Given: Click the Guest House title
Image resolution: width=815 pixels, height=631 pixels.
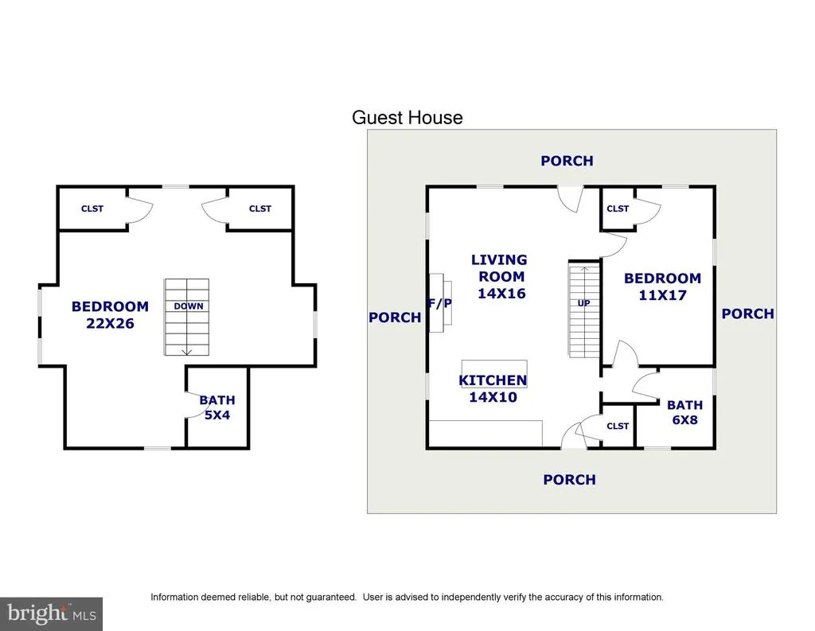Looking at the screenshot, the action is (x=407, y=118).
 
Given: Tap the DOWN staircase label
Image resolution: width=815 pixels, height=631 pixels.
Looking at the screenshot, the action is (x=188, y=306).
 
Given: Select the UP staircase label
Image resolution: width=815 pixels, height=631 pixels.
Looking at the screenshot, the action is (x=583, y=303).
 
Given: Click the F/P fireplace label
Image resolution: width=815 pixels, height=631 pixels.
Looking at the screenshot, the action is (x=439, y=303).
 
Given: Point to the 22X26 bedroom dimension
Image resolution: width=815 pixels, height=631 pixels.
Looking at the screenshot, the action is (x=110, y=323).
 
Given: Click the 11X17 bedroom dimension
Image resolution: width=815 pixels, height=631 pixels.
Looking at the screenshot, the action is (x=663, y=295).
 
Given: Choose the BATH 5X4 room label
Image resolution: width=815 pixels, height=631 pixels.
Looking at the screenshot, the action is (x=217, y=407).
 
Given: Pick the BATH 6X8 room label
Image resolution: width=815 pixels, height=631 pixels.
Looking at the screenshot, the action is (x=685, y=412).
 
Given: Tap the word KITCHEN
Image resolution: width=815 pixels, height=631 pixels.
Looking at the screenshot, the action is (x=493, y=380).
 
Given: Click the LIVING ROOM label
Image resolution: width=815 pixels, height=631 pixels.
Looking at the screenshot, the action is (x=499, y=268).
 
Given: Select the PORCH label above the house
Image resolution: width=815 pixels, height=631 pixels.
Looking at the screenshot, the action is (x=567, y=161).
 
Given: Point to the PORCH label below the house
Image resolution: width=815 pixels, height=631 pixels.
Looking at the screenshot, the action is (x=570, y=480).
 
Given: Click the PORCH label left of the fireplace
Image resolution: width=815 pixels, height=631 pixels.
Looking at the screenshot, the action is (x=395, y=317).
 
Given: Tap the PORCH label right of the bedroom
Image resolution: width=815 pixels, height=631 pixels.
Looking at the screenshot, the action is (x=748, y=314).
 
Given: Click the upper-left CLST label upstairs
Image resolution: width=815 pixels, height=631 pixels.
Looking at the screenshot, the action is (x=92, y=208).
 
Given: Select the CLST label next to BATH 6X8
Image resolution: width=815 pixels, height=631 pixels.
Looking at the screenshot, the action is (x=618, y=427).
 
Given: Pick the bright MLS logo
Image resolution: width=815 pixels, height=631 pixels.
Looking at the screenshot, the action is (x=51, y=613).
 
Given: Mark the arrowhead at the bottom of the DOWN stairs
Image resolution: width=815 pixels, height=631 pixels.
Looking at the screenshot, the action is (x=187, y=352).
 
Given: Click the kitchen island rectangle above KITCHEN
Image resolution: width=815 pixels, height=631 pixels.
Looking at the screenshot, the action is (x=494, y=367).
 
